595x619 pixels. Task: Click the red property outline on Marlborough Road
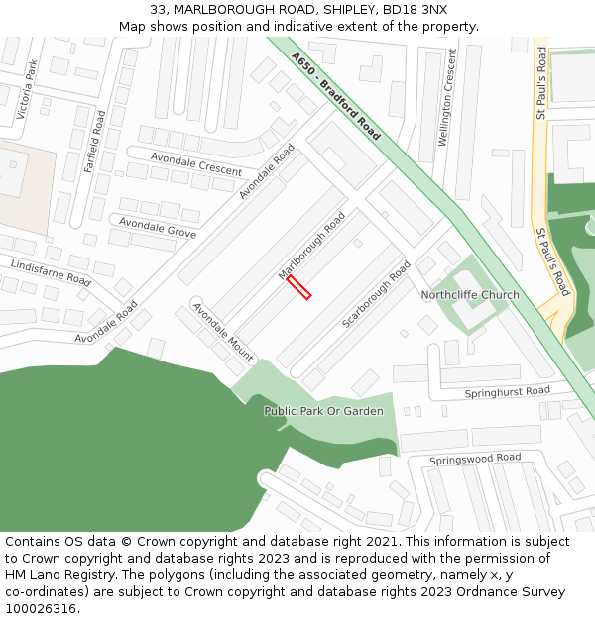[x=298, y=287]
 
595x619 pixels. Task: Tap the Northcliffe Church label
[x=470, y=295]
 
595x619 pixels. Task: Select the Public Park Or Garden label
[x=323, y=411]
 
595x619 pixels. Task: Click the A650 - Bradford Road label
[x=336, y=95]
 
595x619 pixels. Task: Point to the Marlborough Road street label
[x=311, y=245]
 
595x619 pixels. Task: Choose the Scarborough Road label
[x=376, y=295]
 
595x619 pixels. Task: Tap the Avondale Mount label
[x=223, y=332]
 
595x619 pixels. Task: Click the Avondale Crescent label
[x=196, y=163]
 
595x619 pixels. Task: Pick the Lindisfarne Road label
[x=51, y=272]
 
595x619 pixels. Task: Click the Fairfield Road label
[x=94, y=141]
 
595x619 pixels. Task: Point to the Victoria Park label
[x=27, y=90]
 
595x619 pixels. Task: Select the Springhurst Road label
[x=508, y=392]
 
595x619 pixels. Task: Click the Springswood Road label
[x=475, y=459]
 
